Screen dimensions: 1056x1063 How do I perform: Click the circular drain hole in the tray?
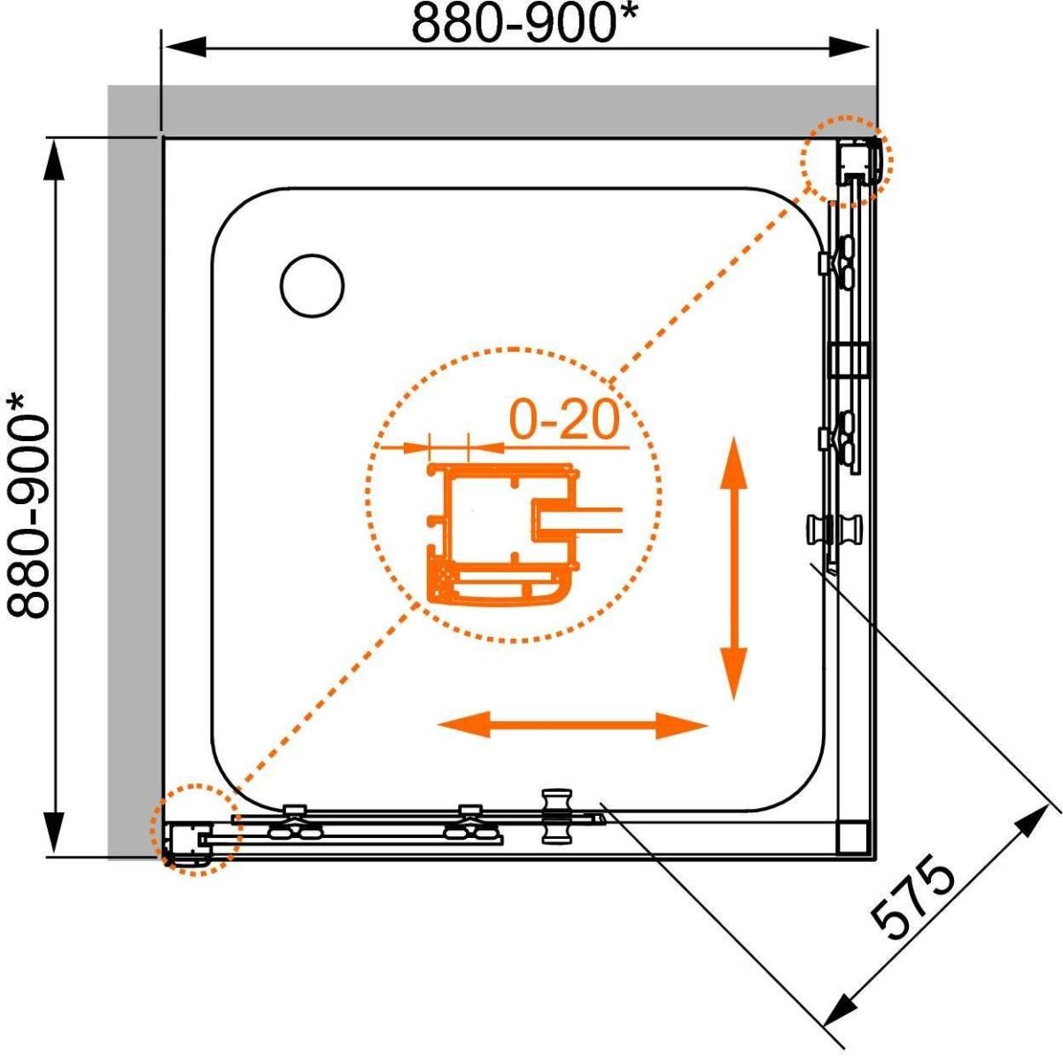click(x=312, y=285)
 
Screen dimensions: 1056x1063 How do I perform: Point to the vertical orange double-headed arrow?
click(x=733, y=568)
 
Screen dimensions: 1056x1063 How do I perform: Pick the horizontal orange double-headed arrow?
click(x=573, y=726)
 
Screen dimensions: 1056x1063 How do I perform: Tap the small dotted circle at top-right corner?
click(x=848, y=161)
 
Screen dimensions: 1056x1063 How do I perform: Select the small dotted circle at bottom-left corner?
click(x=192, y=830)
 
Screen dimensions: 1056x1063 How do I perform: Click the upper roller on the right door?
click(x=839, y=262)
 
